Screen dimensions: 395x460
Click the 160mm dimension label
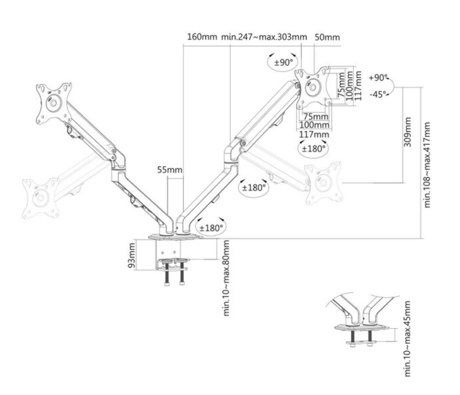pos(202,37)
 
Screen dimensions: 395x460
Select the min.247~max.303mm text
pos(264,37)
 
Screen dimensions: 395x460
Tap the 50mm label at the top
pos(327,37)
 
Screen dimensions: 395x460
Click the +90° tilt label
pos(378,78)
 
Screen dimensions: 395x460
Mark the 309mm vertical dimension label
pos(408,132)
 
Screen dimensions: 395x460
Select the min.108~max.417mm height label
pos(428,164)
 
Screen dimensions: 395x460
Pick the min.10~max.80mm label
pos(226,278)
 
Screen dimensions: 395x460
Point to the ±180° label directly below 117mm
pos(314,148)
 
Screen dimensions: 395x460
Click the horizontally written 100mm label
pos(314,125)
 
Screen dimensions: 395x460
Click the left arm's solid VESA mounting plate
pos(54,103)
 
